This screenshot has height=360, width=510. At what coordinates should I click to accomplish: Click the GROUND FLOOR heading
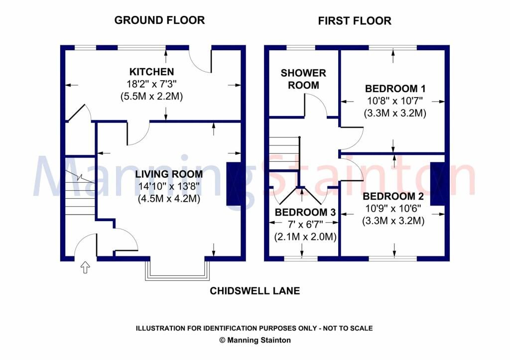click(159, 20)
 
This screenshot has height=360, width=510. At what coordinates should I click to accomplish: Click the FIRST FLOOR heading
click(355, 21)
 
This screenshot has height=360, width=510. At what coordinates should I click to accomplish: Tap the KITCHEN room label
click(152, 72)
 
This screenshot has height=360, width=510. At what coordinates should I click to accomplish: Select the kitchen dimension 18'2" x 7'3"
click(152, 84)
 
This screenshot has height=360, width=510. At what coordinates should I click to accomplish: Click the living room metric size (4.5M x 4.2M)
click(169, 199)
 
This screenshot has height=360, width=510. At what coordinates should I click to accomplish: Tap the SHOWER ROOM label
click(303, 79)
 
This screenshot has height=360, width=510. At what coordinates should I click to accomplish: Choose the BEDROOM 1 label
click(395, 89)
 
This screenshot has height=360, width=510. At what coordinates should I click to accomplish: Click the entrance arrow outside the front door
click(85, 268)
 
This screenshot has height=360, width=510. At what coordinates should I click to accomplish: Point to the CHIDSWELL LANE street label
click(255, 291)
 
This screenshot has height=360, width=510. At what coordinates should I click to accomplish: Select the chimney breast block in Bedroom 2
click(437, 183)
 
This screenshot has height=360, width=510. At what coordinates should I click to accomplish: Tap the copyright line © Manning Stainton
click(255, 341)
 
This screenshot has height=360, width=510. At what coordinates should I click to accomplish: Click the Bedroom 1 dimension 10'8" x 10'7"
click(395, 101)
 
